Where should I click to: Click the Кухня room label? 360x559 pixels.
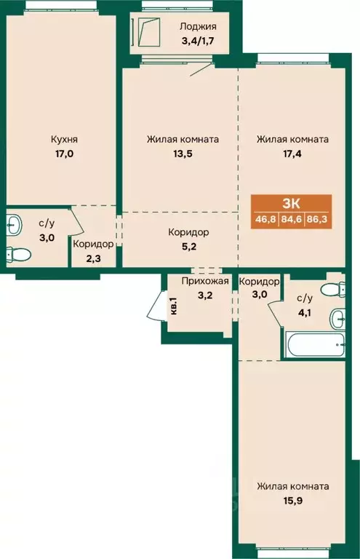click(64, 139)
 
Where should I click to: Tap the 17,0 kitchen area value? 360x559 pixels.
click(64, 154)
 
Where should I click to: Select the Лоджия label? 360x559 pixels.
click(198, 26)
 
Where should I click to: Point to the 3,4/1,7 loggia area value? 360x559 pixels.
click(198, 40)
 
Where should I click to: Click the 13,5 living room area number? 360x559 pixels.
click(183, 154)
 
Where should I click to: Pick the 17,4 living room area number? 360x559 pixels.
click(292, 154)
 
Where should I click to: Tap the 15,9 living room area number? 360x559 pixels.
click(292, 501)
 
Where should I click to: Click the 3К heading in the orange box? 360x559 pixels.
click(292, 204)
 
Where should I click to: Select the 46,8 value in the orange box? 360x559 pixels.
click(265, 218)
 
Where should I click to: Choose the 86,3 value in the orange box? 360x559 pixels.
click(316, 218)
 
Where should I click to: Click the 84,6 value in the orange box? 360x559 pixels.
click(292, 218)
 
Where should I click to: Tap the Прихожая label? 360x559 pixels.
click(205, 281)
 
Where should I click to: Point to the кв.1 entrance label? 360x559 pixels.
click(174, 306)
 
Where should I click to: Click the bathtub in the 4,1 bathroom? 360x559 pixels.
click(315, 344)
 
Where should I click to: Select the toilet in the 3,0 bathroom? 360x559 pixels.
click(17, 254)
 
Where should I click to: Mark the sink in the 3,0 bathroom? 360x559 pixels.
click(15, 225)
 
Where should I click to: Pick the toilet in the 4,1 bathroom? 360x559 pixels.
click(333, 290)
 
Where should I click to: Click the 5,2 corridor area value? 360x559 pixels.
click(188, 247)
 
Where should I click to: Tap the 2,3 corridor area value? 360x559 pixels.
click(93, 258)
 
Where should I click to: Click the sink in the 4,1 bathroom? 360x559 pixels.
click(337, 319)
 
